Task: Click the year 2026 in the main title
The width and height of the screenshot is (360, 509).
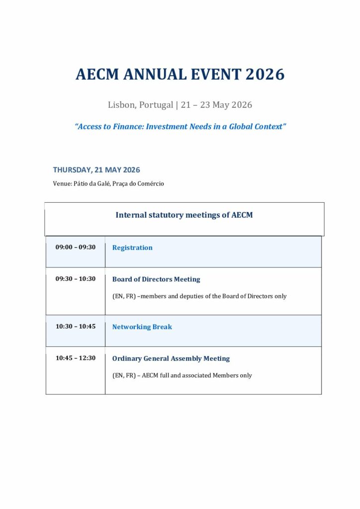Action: click(265, 75)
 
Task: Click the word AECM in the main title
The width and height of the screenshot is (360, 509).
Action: click(97, 75)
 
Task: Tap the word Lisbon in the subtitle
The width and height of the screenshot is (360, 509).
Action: click(121, 105)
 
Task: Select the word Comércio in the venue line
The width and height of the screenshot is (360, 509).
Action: click(150, 183)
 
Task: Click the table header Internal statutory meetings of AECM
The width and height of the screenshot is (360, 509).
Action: click(184, 215)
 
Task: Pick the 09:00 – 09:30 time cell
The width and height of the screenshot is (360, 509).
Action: click(76, 247)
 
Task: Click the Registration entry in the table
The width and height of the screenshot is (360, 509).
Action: click(132, 248)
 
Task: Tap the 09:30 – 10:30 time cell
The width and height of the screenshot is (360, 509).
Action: click(76, 279)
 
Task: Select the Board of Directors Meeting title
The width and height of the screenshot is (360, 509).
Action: click(156, 279)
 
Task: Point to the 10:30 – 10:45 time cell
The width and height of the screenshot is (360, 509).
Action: click(76, 327)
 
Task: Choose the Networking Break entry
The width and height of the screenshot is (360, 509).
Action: click(142, 327)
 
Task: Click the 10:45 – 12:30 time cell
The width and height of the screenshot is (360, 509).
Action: click(76, 358)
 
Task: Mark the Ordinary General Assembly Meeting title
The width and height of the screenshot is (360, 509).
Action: click(171, 358)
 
